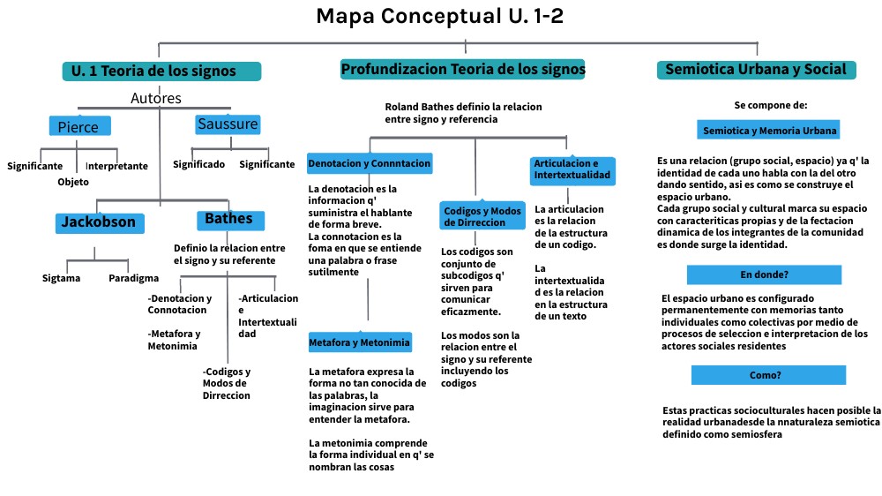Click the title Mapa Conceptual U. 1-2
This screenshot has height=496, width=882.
click(x=439, y=16)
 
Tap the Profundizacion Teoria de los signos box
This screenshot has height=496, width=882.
click(x=463, y=69)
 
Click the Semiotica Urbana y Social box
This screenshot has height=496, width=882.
click(x=756, y=70)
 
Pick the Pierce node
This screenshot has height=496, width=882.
click(x=79, y=126)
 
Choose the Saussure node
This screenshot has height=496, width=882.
click(x=228, y=124)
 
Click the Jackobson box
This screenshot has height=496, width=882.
click(x=98, y=222)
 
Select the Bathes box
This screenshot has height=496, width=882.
click(x=228, y=219)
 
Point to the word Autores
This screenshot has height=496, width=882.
click(x=156, y=99)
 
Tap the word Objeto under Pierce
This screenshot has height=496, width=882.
click(x=73, y=182)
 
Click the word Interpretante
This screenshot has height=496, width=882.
click(x=116, y=166)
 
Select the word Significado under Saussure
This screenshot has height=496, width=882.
click(x=198, y=164)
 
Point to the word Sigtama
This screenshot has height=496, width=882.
click(x=61, y=278)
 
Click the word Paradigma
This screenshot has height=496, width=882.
click(x=133, y=278)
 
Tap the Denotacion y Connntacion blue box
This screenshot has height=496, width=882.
click(x=370, y=163)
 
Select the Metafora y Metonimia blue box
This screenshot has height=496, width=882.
click(x=360, y=342)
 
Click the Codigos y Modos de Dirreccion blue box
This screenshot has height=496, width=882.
click(x=482, y=216)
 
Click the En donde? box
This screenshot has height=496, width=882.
click(x=764, y=274)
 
